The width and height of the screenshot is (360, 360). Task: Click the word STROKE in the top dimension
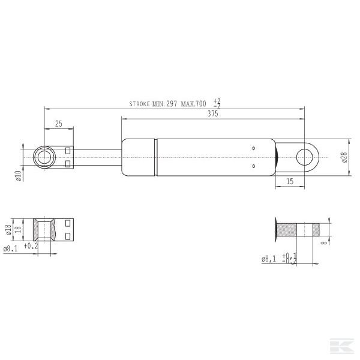(140, 104)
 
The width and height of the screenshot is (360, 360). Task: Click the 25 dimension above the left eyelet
(59, 124)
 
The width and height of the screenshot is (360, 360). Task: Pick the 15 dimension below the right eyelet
(289, 181)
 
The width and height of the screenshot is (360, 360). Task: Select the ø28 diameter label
(344, 157)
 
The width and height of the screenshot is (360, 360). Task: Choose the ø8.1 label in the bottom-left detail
(11, 248)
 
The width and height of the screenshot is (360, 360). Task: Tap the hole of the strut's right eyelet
(307, 157)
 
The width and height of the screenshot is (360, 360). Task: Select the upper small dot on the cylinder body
(254, 148)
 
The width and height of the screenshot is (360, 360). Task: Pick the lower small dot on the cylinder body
(254, 166)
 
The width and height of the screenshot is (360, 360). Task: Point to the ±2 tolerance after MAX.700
(217, 103)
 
